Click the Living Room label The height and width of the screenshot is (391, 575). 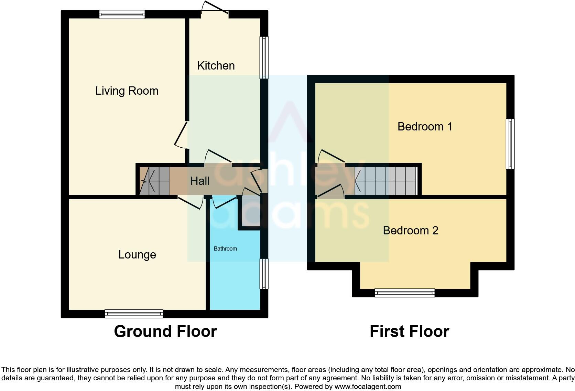coord(127,91)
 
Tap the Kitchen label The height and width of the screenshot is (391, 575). coord(216,65)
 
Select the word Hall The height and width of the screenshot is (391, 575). coord(200,181)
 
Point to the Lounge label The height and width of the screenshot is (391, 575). coord(137,255)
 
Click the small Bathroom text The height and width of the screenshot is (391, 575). coord(225,249)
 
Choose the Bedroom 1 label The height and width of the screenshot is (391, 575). coord(425,127)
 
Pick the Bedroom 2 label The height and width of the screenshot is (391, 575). coord(410,230)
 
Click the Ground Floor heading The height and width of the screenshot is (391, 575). coord(165,331)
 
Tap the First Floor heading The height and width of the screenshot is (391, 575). coord(409,331)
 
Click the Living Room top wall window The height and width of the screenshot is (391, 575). coord(122,14)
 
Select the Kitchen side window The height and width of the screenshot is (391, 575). coord(264,57)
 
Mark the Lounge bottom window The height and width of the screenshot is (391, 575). coord(134,314)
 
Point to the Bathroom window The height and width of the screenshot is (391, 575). coord(264,274)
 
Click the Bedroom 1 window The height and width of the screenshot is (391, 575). coord(510,144)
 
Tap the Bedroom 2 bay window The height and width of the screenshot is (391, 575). coord(404,293)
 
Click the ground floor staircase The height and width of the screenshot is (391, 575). coord(154,181)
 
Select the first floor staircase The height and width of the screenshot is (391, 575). coord(386,181)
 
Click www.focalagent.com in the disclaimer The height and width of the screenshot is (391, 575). coord(368,387)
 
